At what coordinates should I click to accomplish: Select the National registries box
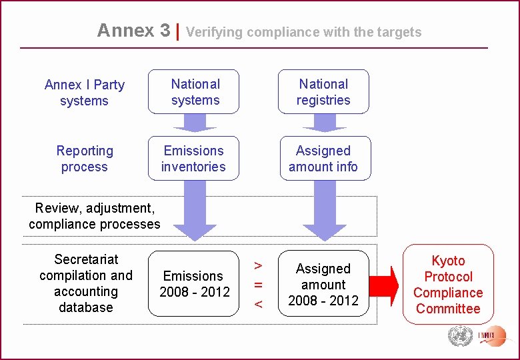pyautogui.click(x=323, y=92)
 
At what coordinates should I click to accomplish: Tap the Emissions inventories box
pyautogui.click(x=193, y=159)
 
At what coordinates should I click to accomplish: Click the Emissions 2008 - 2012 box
pyautogui.click(x=193, y=283)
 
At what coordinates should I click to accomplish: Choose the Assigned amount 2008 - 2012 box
pyautogui.click(x=323, y=283)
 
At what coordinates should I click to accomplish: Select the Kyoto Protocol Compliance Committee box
pyautogui.click(x=448, y=285)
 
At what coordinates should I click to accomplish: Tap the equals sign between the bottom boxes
pyautogui.click(x=259, y=285)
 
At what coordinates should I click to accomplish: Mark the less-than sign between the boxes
pyautogui.click(x=259, y=303)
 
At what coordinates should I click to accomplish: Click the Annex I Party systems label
pyautogui.click(x=84, y=93)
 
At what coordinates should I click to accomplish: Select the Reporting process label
pyautogui.click(x=85, y=159)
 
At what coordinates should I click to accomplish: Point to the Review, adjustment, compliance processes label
pyautogui.click(x=95, y=216)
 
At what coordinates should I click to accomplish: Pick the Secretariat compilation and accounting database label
pyautogui.click(x=86, y=283)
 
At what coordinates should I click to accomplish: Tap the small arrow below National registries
pyautogui.click(x=325, y=123)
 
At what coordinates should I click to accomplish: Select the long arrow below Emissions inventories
pyautogui.click(x=194, y=210)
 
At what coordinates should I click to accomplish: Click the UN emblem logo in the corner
pyautogui.click(x=459, y=335)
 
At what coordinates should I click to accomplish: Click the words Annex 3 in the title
pyautogui.click(x=133, y=31)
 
